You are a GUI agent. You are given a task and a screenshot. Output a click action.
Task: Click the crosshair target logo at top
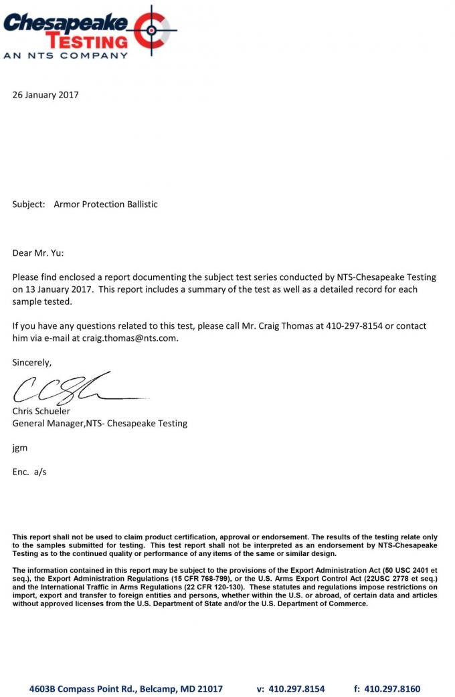(x=153, y=31)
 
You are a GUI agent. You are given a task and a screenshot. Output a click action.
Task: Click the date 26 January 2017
(x=45, y=95)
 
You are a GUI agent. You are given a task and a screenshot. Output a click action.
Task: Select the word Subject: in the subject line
(x=29, y=204)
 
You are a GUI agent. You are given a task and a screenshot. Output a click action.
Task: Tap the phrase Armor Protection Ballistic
(x=106, y=204)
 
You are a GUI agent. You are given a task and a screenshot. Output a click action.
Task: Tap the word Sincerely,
(x=32, y=362)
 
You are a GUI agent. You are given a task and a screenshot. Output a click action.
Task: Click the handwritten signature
(x=67, y=388)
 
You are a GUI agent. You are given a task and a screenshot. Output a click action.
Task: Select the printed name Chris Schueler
(x=41, y=411)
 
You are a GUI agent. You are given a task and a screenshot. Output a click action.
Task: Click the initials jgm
(x=20, y=448)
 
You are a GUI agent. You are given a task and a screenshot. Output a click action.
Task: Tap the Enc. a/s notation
(x=29, y=472)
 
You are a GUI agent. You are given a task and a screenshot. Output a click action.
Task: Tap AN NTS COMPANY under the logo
(x=66, y=55)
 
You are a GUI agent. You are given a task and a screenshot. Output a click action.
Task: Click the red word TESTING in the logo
(x=90, y=41)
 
